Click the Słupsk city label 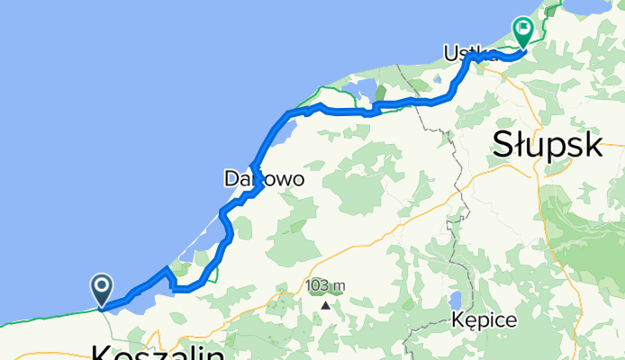pos(547,144)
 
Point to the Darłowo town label pos(264,180)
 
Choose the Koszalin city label pos(158,349)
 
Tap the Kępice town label pos(485,320)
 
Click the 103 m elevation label pos(325,286)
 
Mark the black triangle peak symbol pos(325,304)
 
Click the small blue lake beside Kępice pos(455,299)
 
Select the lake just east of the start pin pos(144,301)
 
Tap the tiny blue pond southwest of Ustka pos(365,90)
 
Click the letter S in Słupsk pos(504,144)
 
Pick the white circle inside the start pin pos(101,287)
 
